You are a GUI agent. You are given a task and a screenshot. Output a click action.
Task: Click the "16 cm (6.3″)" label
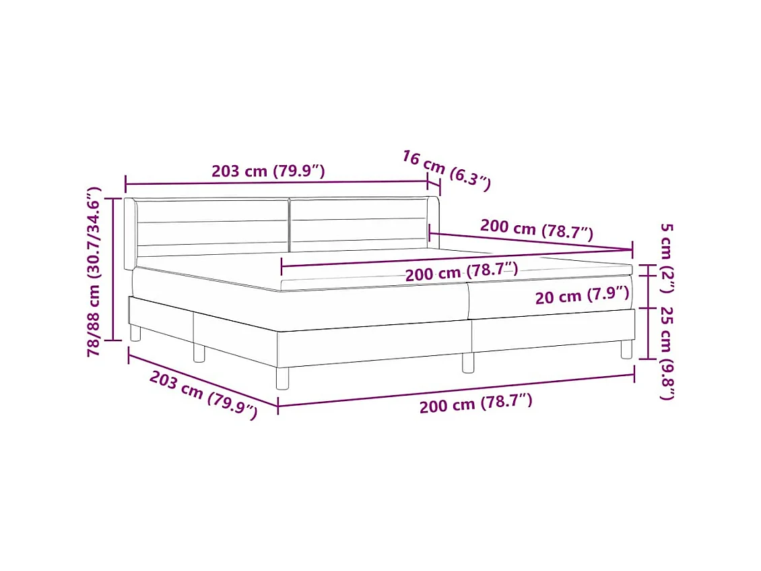[x=446, y=170]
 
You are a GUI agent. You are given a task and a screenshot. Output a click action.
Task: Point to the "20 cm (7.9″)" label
[x=583, y=295]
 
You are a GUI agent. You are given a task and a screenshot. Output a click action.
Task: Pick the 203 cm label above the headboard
[x=268, y=171]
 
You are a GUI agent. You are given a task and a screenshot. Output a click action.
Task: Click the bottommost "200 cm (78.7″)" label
[x=475, y=404]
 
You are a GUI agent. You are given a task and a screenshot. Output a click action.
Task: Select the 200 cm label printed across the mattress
[x=461, y=272]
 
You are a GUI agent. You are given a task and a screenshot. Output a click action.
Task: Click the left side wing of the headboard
[x=130, y=233]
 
